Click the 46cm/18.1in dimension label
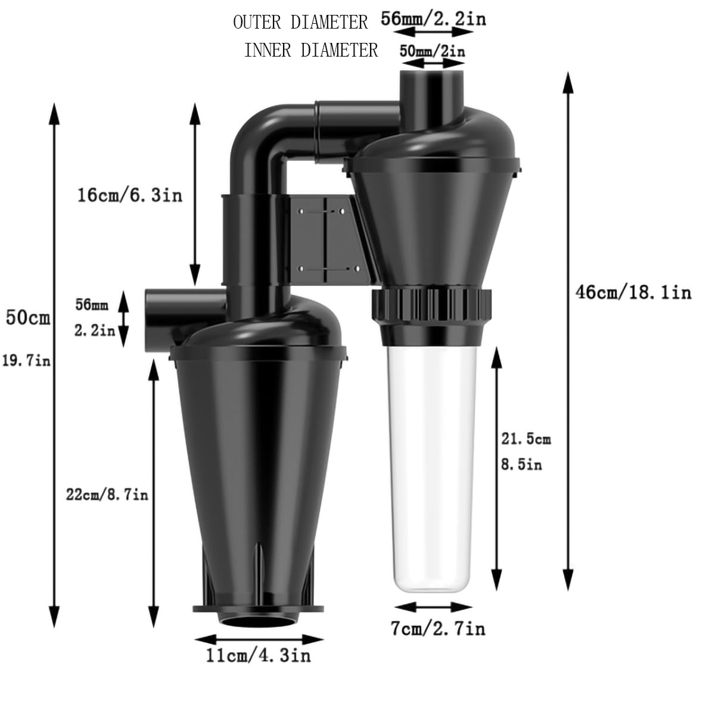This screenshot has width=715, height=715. (633, 292)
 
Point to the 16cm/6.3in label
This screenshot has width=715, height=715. (130, 195)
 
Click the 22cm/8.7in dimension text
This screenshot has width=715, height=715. (107, 494)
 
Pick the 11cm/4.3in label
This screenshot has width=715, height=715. (258, 655)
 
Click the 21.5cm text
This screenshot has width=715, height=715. (526, 439)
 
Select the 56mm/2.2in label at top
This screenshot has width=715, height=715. (434, 19)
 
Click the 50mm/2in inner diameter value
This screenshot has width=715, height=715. (432, 51)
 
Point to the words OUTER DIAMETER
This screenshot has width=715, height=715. (300, 23)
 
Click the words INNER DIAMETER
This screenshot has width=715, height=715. (311, 50)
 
